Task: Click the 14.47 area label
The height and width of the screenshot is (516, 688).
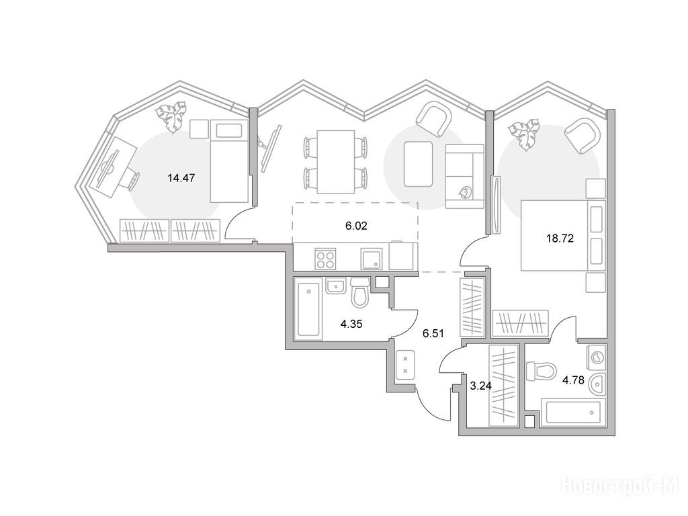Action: (x=181, y=178)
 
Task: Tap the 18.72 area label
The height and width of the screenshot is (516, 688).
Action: (x=560, y=239)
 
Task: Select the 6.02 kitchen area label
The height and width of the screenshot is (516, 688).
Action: (x=356, y=226)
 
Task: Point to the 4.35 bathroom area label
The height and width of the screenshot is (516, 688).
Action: (x=351, y=325)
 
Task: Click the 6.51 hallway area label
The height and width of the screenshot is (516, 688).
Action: (x=433, y=333)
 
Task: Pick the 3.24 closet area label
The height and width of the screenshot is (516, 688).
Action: (x=481, y=386)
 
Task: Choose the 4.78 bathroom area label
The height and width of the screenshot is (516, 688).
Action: (x=574, y=380)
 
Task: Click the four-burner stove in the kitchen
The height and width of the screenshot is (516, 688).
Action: (x=326, y=259)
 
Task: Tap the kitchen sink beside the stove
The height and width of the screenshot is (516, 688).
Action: (x=371, y=259)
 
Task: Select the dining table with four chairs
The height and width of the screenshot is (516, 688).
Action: (x=336, y=161)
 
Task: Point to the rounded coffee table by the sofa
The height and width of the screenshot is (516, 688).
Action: (x=418, y=164)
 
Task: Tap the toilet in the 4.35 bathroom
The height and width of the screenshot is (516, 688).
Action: (x=361, y=293)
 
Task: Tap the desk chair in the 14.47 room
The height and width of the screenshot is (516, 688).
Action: (x=132, y=180)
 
